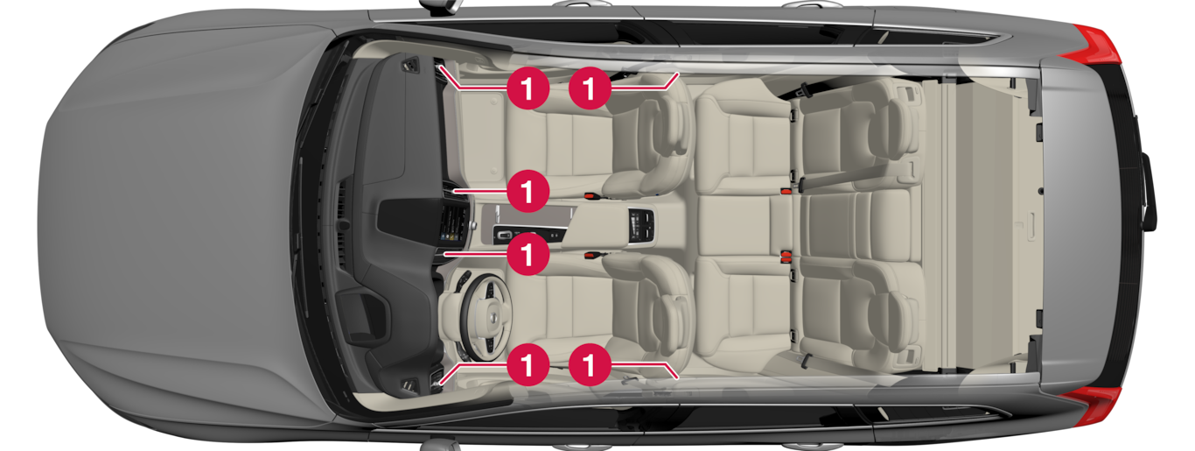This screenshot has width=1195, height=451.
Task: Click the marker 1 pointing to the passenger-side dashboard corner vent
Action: coord(528,88)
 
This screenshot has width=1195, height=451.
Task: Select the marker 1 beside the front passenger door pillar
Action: coord(590,88)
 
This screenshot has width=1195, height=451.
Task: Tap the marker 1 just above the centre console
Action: coord(528,191)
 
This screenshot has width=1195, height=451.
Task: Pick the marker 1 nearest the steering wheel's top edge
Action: coord(528,254)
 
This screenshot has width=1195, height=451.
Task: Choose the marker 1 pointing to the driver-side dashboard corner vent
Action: coord(528,365)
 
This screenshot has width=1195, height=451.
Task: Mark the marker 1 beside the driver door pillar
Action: coord(590,365)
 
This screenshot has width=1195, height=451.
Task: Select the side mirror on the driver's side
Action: coord(439,445)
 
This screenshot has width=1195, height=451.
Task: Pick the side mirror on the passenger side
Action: coord(439,5)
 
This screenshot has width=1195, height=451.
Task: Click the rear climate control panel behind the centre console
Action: coord(641,225)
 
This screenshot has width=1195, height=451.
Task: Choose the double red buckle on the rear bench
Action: coord(786,257)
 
